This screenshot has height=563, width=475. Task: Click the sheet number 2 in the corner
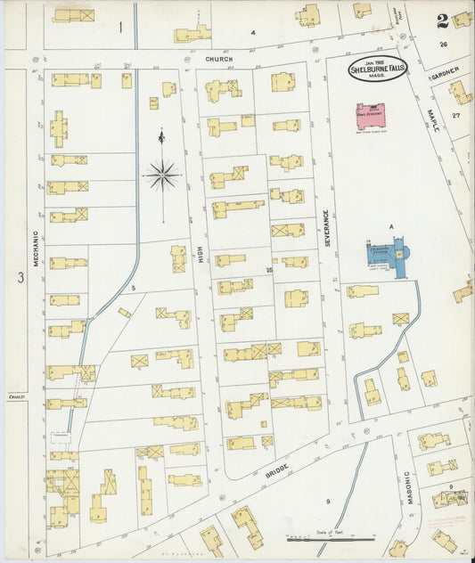click(442, 20)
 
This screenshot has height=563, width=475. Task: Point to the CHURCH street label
click(218, 60)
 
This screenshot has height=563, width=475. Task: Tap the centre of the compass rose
click(163, 175)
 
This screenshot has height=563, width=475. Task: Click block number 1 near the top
click(120, 27)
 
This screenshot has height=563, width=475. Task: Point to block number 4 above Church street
click(252, 33)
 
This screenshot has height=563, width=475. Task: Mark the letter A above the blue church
click(389, 227)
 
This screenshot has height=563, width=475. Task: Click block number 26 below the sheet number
click(443, 44)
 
